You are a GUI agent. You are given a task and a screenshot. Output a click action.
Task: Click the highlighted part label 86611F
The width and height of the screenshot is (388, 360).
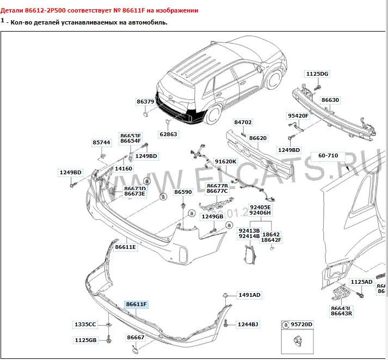coord(137,304)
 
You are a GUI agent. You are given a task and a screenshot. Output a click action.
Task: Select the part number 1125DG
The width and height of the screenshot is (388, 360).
coord(317,74)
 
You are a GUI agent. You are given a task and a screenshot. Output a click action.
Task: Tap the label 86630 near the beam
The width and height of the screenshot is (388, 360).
coord(330,100)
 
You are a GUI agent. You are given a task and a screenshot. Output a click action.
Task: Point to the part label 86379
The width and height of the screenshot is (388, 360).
coord(145,102)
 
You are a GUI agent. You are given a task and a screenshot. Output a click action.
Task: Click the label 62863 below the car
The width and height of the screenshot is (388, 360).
coord(168,134)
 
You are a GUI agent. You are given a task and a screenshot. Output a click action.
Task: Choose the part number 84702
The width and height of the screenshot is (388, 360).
coord(243,123)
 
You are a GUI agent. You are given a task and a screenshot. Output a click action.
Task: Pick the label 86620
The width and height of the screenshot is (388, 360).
coord(258,138)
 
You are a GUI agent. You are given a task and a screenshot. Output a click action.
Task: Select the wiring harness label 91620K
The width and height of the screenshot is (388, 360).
coord(225,162)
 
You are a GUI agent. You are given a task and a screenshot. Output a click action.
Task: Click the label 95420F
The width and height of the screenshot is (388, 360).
coord(298,116)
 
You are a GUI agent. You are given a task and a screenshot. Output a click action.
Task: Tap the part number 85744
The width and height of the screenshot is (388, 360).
coord(101,142)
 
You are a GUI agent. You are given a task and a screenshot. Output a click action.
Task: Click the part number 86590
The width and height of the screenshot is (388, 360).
coord(183,192)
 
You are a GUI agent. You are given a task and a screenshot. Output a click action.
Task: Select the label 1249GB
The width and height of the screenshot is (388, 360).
coord(212,216)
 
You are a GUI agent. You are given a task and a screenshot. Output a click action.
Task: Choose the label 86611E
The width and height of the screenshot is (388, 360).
coord(126,247)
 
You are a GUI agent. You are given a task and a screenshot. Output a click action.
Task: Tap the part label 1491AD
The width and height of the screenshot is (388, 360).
coord(249,295)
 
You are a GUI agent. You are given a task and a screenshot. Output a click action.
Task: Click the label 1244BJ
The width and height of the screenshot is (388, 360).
coord(248,325)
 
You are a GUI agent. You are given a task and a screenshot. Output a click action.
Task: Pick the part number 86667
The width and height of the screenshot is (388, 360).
coord(136,338)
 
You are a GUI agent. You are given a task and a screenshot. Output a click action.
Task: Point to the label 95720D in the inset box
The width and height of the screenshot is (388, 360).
coord(302,325)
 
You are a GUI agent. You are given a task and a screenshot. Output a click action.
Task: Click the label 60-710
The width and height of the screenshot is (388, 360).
coord(328,156)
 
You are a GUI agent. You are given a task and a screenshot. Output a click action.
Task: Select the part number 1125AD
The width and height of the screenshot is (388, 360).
coord(361,282)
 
